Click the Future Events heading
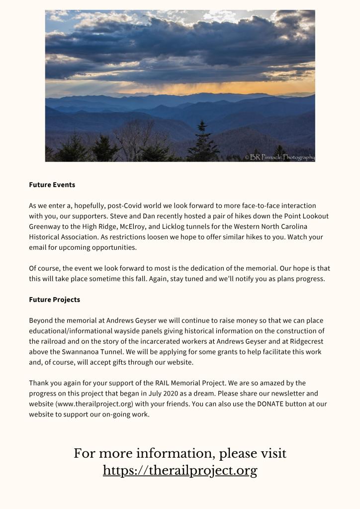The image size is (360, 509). [52, 185]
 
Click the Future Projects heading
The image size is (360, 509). [54, 300]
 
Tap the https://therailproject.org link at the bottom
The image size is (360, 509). [180, 470]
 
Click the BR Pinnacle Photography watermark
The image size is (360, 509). [280, 157]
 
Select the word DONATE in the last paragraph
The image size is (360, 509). [270, 404]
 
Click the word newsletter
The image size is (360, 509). [291, 394]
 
